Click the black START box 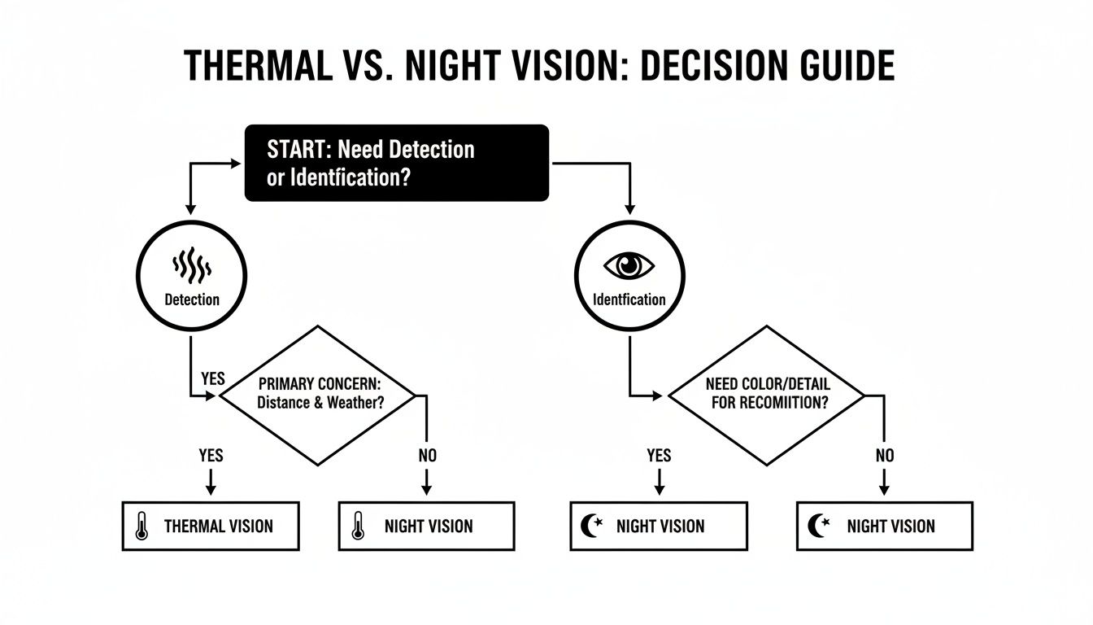pos(397,163)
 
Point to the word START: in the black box pos(298,150)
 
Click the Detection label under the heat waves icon pos(192,299)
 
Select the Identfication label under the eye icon pos(629,299)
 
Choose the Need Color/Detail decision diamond pos(766,396)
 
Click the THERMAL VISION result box pos(211,527)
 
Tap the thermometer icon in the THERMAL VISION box pos(142,527)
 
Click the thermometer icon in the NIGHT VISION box pos(356,527)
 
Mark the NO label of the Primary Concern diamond pos(428,456)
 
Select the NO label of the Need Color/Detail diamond pos(885,456)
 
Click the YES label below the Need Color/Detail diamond pos(659,456)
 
